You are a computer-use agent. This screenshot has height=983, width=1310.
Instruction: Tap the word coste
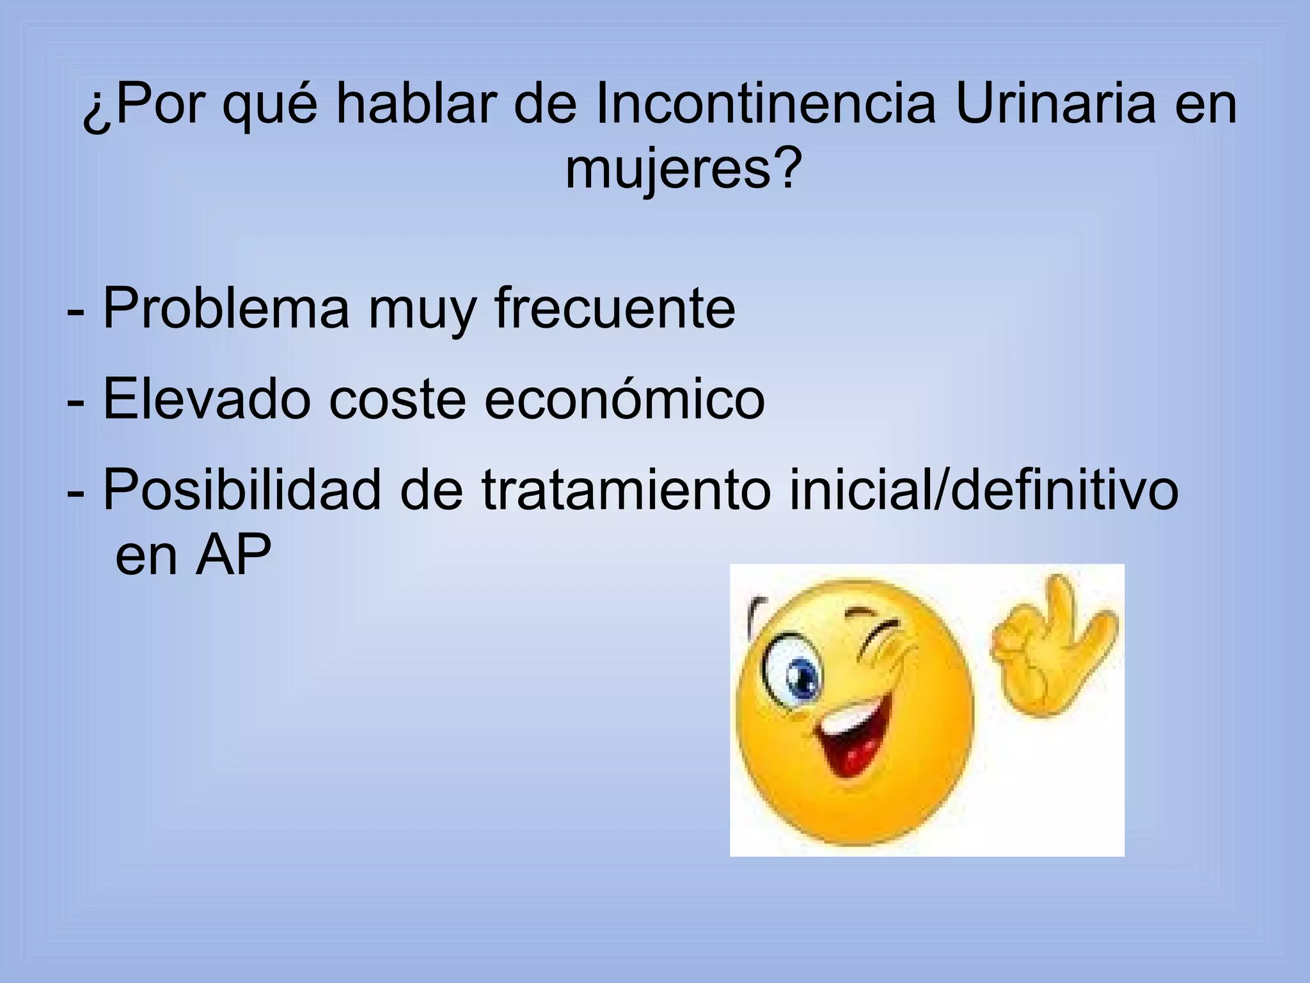tap(397, 399)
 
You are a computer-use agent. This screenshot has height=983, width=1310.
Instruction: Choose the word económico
tap(624, 399)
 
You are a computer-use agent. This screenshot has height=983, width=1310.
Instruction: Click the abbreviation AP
tap(234, 556)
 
